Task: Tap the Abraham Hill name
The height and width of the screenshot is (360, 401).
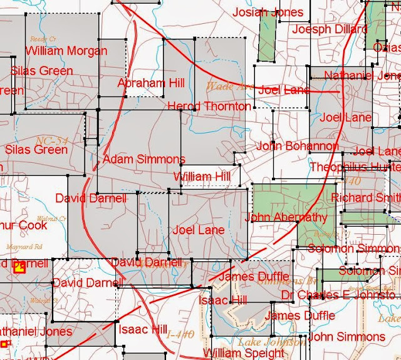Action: click(x=151, y=83)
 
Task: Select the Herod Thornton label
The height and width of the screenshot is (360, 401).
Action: click(x=209, y=106)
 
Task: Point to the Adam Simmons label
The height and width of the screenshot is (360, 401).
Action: click(x=144, y=159)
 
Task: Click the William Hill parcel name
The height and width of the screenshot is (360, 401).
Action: click(x=202, y=177)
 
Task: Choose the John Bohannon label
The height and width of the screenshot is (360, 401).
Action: click(x=297, y=147)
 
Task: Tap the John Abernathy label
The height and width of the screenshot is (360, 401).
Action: click(x=286, y=217)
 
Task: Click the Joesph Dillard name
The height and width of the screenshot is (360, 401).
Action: click(x=330, y=29)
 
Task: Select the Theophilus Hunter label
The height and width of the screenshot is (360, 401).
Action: click(x=355, y=167)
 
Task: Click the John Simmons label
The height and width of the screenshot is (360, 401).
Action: click(x=346, y=337)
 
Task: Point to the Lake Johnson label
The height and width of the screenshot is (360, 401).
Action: click(x=271, y=342)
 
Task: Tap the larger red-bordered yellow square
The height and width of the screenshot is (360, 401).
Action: click(x=19, y=268)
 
